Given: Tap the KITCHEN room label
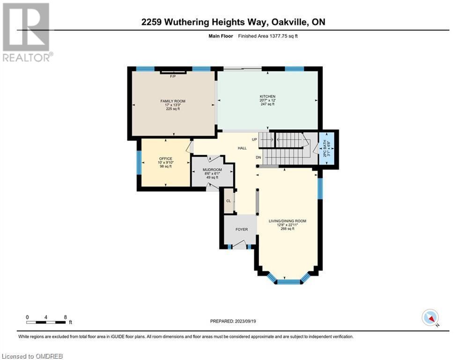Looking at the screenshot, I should [x=267, y=96].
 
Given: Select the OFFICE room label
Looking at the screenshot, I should [x=165, y=158].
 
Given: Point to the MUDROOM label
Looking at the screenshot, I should [x=212, y=169].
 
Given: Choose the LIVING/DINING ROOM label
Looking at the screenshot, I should [x=287, y=220].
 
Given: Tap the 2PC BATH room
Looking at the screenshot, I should [x=326, y=147].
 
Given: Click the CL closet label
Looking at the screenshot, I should [x=229, y=201].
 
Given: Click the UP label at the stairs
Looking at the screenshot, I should [x=254, y=140].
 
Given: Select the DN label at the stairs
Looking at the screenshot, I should [x=258, y=157].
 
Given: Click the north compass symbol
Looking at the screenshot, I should [x=429, y=317].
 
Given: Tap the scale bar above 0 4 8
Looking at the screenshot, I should [x=46, y=322].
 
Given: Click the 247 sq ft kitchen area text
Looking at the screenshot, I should [x=267, y=104].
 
